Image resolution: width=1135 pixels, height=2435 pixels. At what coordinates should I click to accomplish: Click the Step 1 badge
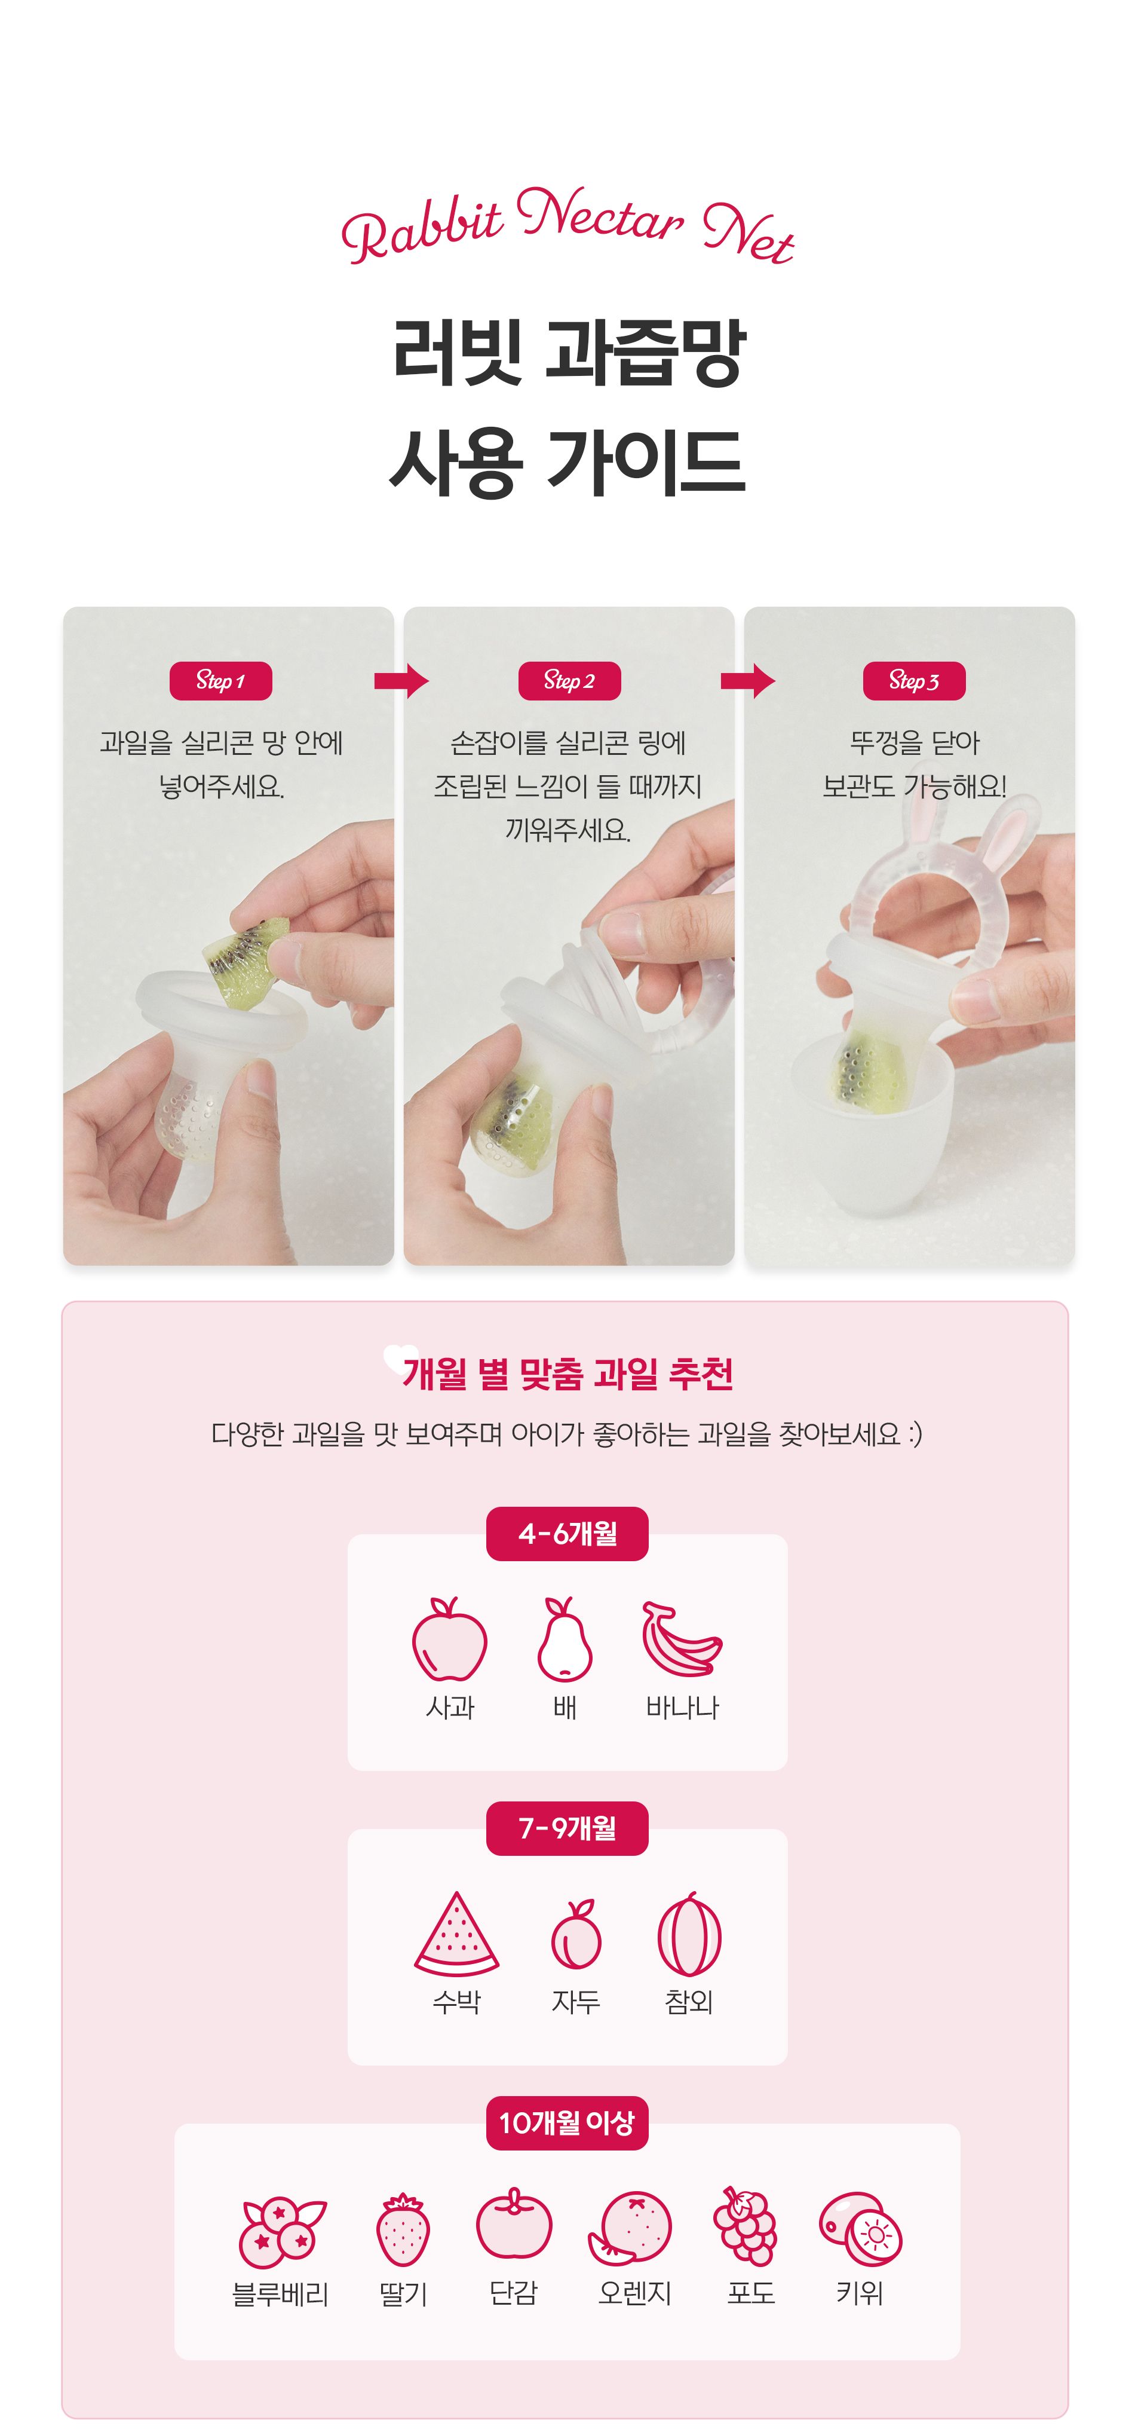click(220, 681)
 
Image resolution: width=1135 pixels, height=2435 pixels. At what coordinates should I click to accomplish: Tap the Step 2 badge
click(569, 681)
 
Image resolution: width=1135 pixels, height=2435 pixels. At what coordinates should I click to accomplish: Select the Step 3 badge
click(914, 681)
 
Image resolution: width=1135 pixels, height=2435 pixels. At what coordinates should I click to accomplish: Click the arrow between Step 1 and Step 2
click(401, 681)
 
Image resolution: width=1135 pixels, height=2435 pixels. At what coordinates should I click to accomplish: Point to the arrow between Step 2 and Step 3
click(747, 681)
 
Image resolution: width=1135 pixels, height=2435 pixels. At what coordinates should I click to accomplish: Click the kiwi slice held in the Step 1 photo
click(244, 959)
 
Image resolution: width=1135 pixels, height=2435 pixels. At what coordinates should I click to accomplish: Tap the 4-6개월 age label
click(567, 1533)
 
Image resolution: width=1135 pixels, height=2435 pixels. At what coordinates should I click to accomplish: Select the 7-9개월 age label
click(567, 1828)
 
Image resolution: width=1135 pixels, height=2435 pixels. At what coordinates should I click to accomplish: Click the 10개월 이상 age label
click(567, 2122)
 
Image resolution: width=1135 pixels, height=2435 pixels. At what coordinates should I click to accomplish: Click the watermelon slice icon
click(456, 1934)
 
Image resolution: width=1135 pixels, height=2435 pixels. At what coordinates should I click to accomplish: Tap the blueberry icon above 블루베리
click(281, 2231)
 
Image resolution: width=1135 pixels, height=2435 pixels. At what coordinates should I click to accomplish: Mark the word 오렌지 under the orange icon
click(634, 2293)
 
